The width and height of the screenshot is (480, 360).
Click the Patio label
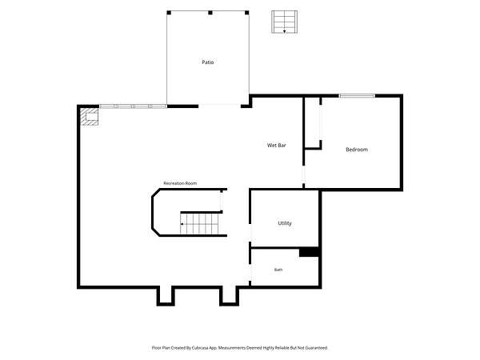coord(207,62)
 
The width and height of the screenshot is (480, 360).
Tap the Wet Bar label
coord(277,145)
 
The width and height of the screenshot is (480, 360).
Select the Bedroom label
coord(357,150)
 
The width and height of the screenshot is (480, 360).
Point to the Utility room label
coord(285,223)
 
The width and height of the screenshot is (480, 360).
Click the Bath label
coord(278,270)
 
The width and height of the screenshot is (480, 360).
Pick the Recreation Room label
coord(180,183)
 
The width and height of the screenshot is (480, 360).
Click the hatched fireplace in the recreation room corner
coord(90,117)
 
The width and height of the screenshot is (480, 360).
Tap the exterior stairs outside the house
coord(284,22)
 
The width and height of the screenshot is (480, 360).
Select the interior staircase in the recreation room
coord(199,224)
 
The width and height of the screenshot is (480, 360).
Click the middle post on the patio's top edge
coord(210,13)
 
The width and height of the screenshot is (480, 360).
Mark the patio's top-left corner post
coord(169,13)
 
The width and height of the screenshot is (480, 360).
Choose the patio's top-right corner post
coord(246,13)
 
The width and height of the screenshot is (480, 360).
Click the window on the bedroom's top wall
coord(357,96)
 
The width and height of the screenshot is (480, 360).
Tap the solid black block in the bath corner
coord(309,252)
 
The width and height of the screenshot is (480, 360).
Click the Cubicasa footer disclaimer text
coord(240,348)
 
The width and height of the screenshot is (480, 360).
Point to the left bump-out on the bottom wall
coord(166,296)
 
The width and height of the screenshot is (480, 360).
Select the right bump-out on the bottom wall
coord(229,296)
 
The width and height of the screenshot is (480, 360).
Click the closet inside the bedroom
coord(313,123)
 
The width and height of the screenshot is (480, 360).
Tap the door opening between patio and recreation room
coord(219,106)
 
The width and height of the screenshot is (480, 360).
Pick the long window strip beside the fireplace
coord(133,106)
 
